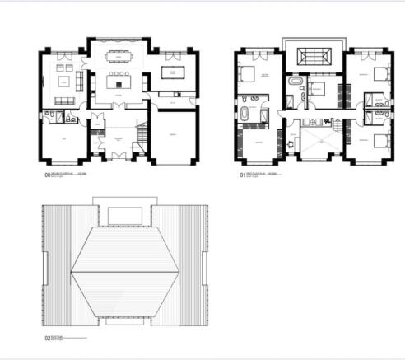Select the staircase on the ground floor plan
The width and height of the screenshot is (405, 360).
[x=142, y=131]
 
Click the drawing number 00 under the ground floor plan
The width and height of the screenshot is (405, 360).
[x=47, y=175]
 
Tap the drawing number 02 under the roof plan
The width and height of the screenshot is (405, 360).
[x=47, y=339]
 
